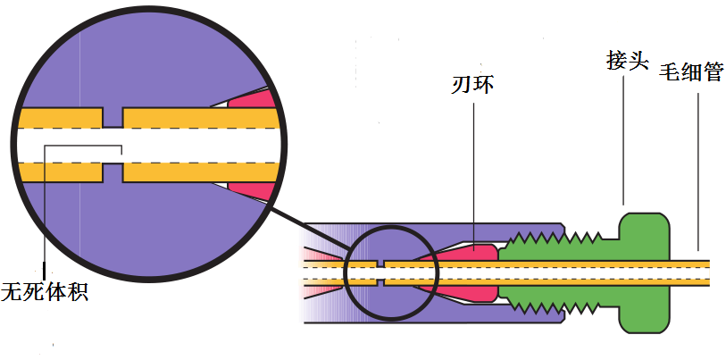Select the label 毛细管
[691, 71]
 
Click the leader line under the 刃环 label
[473, 170]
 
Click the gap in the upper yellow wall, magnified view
[114, 118]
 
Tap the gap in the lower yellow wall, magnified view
[114, 172]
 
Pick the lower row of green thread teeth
[554, 305]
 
